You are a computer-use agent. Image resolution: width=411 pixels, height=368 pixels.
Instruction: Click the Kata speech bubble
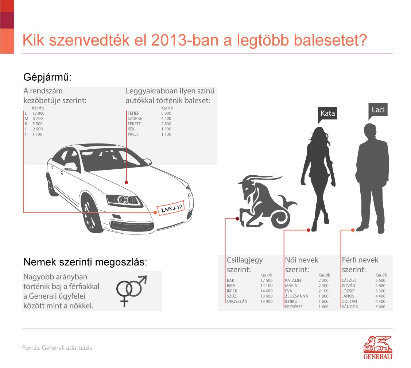[327, 113]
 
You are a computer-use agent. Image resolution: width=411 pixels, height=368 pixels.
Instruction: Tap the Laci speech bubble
[378, 110]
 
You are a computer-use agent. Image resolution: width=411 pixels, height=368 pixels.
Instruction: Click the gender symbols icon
[130, 290]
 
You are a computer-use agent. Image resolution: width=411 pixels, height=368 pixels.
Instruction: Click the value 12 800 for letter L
[38, 113]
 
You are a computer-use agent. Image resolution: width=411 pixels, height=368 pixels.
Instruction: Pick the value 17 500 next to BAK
[267, 280]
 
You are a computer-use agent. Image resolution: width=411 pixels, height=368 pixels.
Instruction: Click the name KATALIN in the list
[293, 280]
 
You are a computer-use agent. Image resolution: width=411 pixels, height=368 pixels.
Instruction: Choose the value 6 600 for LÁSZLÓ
[379, 280]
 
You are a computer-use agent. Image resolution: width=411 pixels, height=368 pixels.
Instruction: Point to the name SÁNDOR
[350, 307]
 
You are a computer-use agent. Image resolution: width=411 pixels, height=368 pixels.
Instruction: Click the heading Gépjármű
[47, 77]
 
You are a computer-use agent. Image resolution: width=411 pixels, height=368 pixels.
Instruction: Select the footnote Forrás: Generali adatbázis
[57, 348]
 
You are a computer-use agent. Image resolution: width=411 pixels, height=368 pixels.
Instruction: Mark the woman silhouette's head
[319, 132]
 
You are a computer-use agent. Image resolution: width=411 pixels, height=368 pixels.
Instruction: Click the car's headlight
[124, 200]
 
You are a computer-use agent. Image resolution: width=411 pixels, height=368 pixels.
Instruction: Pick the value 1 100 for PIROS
[166, 134]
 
